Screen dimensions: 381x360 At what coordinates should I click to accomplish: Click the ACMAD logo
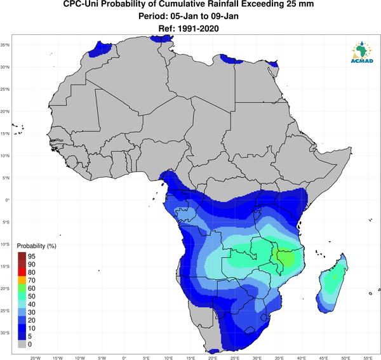[362, 52]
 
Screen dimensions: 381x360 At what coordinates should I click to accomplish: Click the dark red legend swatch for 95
[22, 256]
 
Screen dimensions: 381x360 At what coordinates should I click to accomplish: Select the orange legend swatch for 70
[22, 280]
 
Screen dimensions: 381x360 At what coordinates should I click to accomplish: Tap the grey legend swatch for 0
[22, 344]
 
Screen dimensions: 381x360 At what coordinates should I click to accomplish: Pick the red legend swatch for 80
[22, 272]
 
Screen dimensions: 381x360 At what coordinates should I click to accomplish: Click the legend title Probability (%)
[36, 246]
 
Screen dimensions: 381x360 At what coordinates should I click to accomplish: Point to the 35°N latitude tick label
[5, 45]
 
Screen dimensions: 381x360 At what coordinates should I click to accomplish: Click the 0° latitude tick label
[8, 200]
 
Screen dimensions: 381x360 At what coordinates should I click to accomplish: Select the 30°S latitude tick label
[5, 333]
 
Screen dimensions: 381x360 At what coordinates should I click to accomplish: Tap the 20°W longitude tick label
[35, 358]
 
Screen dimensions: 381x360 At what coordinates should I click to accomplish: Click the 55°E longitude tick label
[368, 358]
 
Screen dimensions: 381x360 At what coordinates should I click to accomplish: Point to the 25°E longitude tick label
[235, 358]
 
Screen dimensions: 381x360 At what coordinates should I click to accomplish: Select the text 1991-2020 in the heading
[198, 29]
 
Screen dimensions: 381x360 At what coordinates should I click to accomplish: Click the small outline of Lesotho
[250, 330]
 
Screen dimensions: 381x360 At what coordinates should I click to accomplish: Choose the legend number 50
[32, 296]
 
